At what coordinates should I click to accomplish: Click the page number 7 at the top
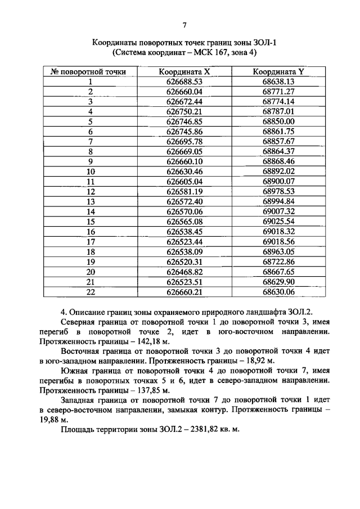pos(184,24)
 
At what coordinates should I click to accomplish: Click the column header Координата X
pos(184,72)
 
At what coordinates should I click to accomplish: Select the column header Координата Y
pos(278,72)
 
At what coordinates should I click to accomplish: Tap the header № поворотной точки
pos(89,72)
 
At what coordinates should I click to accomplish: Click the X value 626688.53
pos(184,82)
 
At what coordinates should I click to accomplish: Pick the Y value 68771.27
pos(278,92)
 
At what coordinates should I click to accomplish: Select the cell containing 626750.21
pos(184,111)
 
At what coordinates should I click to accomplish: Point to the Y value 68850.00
pos(278,121)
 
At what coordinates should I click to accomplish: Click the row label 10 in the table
pos(89,171)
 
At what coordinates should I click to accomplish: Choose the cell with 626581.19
pos(184,191)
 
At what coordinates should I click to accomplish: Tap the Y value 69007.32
pos(278,211)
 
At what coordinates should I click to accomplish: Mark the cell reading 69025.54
pos(278,221)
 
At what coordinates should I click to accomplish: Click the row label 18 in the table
pos(89,251)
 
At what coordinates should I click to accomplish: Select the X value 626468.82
pos(184,271)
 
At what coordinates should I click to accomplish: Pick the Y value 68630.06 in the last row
pos(278,291)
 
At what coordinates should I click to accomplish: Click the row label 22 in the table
pos(89,291)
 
